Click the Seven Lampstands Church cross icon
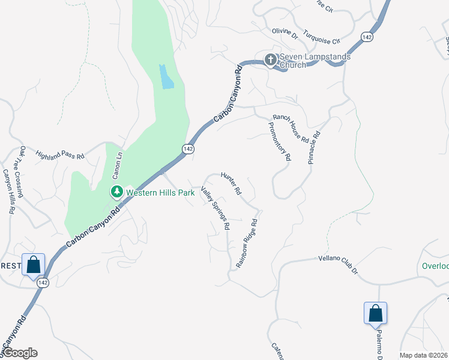pyautogui.click(x=270, y=59)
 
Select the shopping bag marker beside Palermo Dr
pyautogui.click(x=375, y=313)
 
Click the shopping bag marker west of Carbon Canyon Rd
pyautogui.click(x=33, y=263)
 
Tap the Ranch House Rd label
pyautogui.click(x=291, y=128)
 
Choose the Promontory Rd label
pyautogui.click(x=279, y=142)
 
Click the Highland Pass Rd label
pyautogui.click(x=60, y=155)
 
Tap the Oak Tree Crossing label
pyautogui.click(x=21, y=172)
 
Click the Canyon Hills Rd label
pyautogui.click(x=9, y=191)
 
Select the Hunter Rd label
pyautogui.click(x=231, y=184)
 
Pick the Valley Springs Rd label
pyautogui.click(x=215, y=208)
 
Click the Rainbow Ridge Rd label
pyautogui.click(x=247, y=242)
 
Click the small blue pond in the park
pyautogui.click(x=166, y=77)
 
